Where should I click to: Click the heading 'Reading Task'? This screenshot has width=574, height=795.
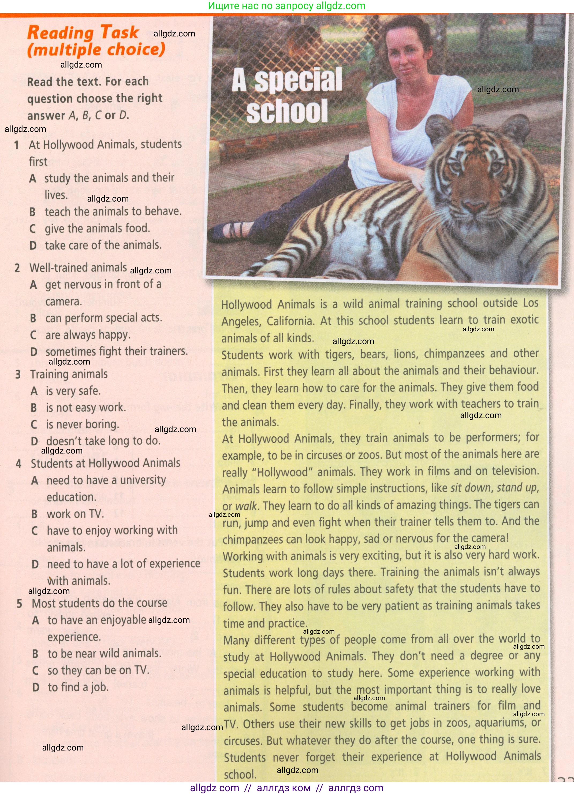pos(83,33)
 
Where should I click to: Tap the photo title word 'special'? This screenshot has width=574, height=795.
pos(298,80)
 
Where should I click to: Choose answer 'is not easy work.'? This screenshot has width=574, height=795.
pos(85,407)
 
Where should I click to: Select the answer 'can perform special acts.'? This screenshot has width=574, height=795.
pos(103,318)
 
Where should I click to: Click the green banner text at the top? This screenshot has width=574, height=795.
pos(287,6)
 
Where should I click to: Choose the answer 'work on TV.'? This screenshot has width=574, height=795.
pos(75,514)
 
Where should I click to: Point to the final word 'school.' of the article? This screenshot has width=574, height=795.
pos(240,774)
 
